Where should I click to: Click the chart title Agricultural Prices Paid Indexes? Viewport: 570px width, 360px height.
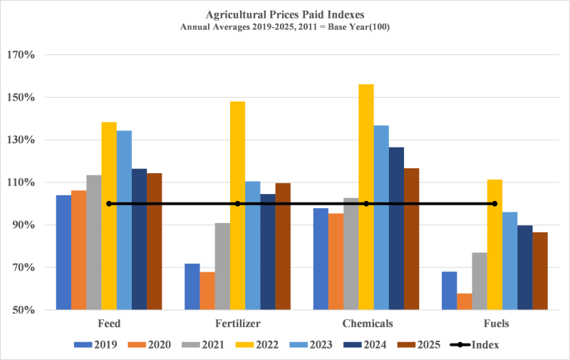point(285,13)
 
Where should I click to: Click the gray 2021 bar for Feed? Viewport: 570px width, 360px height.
point(94,242)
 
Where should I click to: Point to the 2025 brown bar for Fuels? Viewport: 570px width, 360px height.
point(540,271)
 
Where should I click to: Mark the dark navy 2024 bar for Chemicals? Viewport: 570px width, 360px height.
point(396,228)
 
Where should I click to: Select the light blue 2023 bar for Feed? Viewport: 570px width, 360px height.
point(124,220)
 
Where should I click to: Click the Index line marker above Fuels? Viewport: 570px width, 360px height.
point(494,204)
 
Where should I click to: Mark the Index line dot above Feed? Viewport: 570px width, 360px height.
point(109,204)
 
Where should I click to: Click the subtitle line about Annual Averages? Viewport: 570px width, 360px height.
point(285,26)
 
